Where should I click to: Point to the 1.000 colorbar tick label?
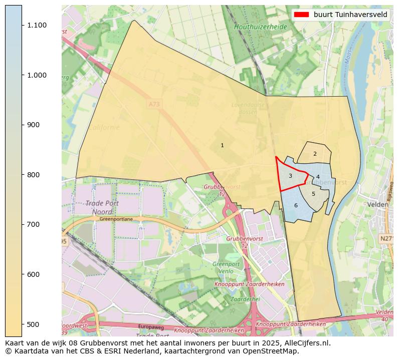[x=37, y=75]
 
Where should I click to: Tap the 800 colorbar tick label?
[x=34, y=175]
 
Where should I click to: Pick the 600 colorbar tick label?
[x=34, y=274]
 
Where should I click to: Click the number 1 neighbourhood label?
[x=222, y=145]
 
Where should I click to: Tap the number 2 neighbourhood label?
[x=315, y=154]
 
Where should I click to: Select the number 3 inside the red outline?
[x=290, y=176]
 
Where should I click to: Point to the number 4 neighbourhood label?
[x=318, y=177]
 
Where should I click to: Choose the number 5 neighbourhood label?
[x=313, y=194]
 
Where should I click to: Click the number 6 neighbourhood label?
[x=296, y=205]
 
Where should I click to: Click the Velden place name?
[x=377, y=205]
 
